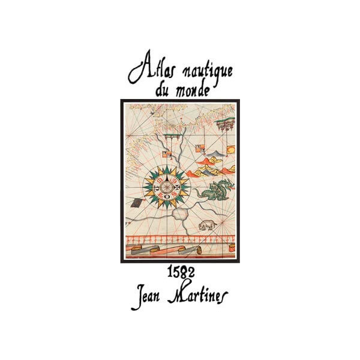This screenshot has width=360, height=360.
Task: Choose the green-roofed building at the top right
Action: coord(226,125)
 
